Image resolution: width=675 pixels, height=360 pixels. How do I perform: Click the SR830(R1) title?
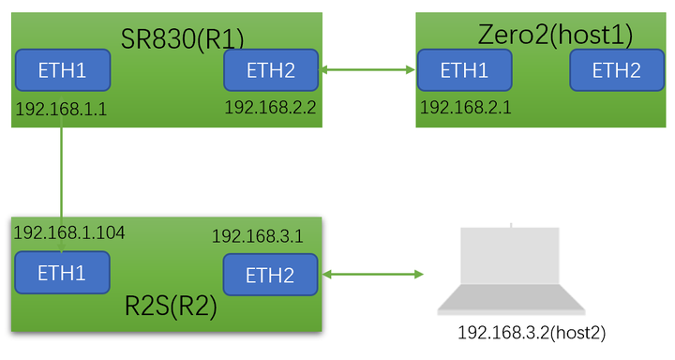[x=182, y=38]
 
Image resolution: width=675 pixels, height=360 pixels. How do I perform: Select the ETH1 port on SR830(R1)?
[x=62, y=70]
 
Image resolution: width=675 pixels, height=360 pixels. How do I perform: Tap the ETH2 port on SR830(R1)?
[x=271, y=70]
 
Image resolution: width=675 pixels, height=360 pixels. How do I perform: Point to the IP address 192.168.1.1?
[x=61, y=110]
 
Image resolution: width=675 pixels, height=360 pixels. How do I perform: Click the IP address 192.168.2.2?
[x=270, y=107]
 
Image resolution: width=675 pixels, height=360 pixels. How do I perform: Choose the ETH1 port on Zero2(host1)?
[x=464, y=70]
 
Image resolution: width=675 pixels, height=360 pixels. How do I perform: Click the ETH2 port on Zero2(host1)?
[x=616, y=70]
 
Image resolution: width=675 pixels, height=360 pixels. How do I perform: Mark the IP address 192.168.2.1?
[x=466, y=107]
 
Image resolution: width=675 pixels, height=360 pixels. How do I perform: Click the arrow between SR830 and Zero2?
[x=368, y=69]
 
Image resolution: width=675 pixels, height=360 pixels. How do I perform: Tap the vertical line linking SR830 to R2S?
[x=62, y=184]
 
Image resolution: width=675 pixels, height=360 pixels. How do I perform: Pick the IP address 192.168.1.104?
[x=68, y=232]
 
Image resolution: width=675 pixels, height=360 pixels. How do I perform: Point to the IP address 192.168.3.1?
[x=257, y=235]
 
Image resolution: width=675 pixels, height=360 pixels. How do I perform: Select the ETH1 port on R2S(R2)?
[x=62, y=272]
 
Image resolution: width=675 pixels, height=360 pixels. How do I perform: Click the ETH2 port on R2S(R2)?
[x=270, y=275]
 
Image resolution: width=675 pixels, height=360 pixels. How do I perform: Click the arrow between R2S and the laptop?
[x=372, y=275]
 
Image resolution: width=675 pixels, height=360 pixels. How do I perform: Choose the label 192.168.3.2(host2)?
[x=525, y=333]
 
